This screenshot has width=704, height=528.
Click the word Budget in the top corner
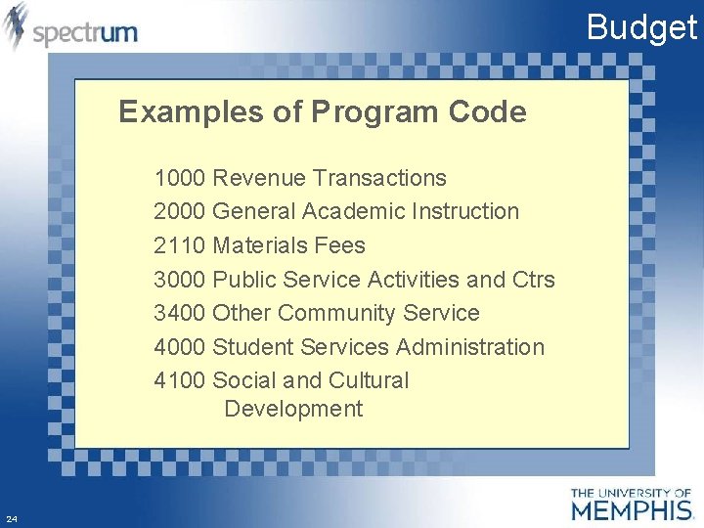click(x=641, y=27)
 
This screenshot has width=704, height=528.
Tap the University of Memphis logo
click(x=631, y=504)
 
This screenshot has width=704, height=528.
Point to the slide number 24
click(x=11, y=518)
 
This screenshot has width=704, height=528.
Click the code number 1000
click(x=179, y=178)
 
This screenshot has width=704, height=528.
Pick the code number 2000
click(x=179, y=211)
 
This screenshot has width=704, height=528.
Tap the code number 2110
click(x=179, y=245)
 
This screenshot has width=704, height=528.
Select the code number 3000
click(x=179, y=280)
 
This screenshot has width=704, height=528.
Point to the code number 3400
click(x=179, y=313)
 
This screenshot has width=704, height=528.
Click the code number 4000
click(x=179, y=347)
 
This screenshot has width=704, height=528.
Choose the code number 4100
click(x=179, y=380)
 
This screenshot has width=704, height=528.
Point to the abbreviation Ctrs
click(x=533, y=280)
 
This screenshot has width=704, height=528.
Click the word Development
click(x=293, y=409)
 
